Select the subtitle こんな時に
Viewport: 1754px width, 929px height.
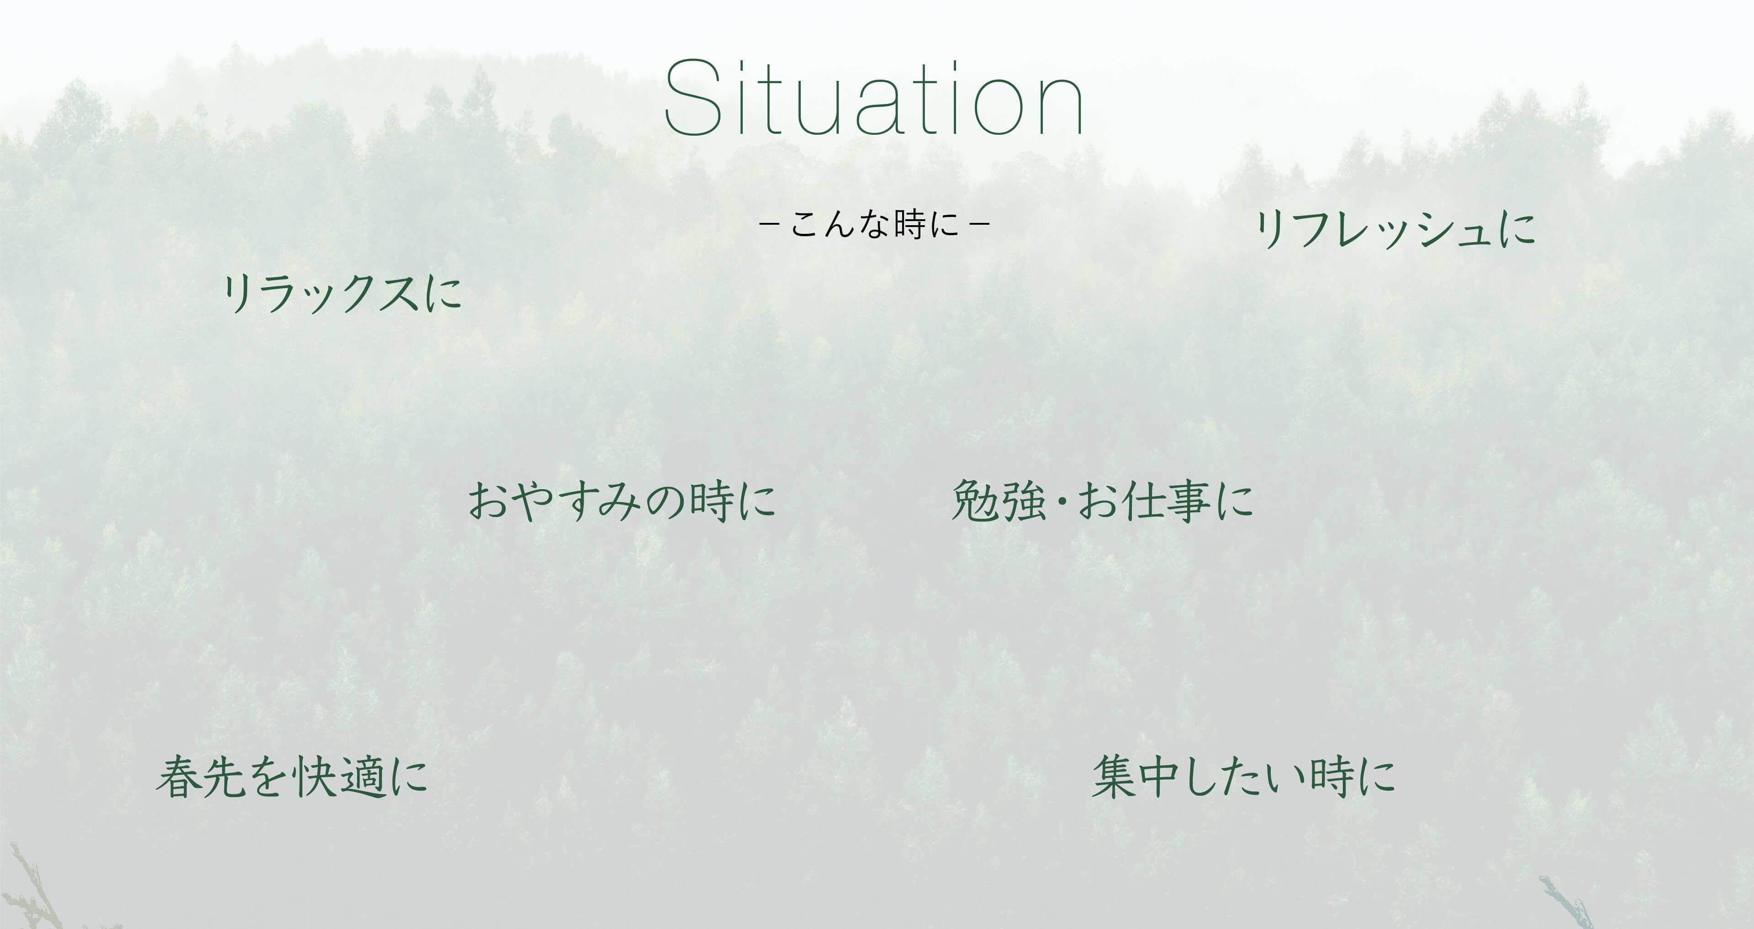874,224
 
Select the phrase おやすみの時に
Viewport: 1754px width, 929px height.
622,501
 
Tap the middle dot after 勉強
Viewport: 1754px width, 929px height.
1062,503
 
